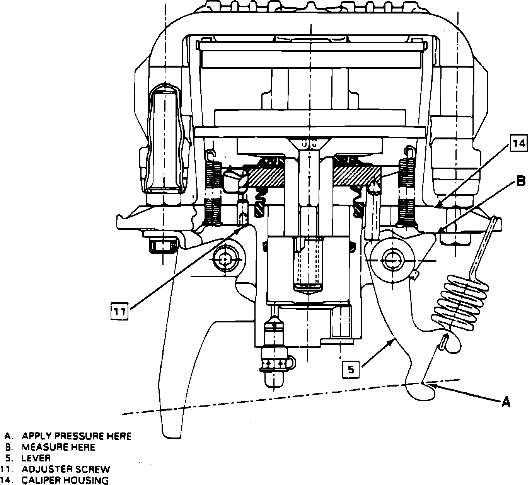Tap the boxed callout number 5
tap(351, 369)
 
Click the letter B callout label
tap(521, 181)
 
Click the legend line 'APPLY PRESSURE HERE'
tap(76, 436)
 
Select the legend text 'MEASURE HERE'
tap(58, 447)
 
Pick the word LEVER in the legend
tap(36, 458)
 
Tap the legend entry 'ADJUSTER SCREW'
tap(66, 470)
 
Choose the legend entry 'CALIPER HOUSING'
tap(65, 480)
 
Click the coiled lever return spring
tap(460, 303)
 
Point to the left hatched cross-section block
tap(267, 176)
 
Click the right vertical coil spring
tap(407, 189)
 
